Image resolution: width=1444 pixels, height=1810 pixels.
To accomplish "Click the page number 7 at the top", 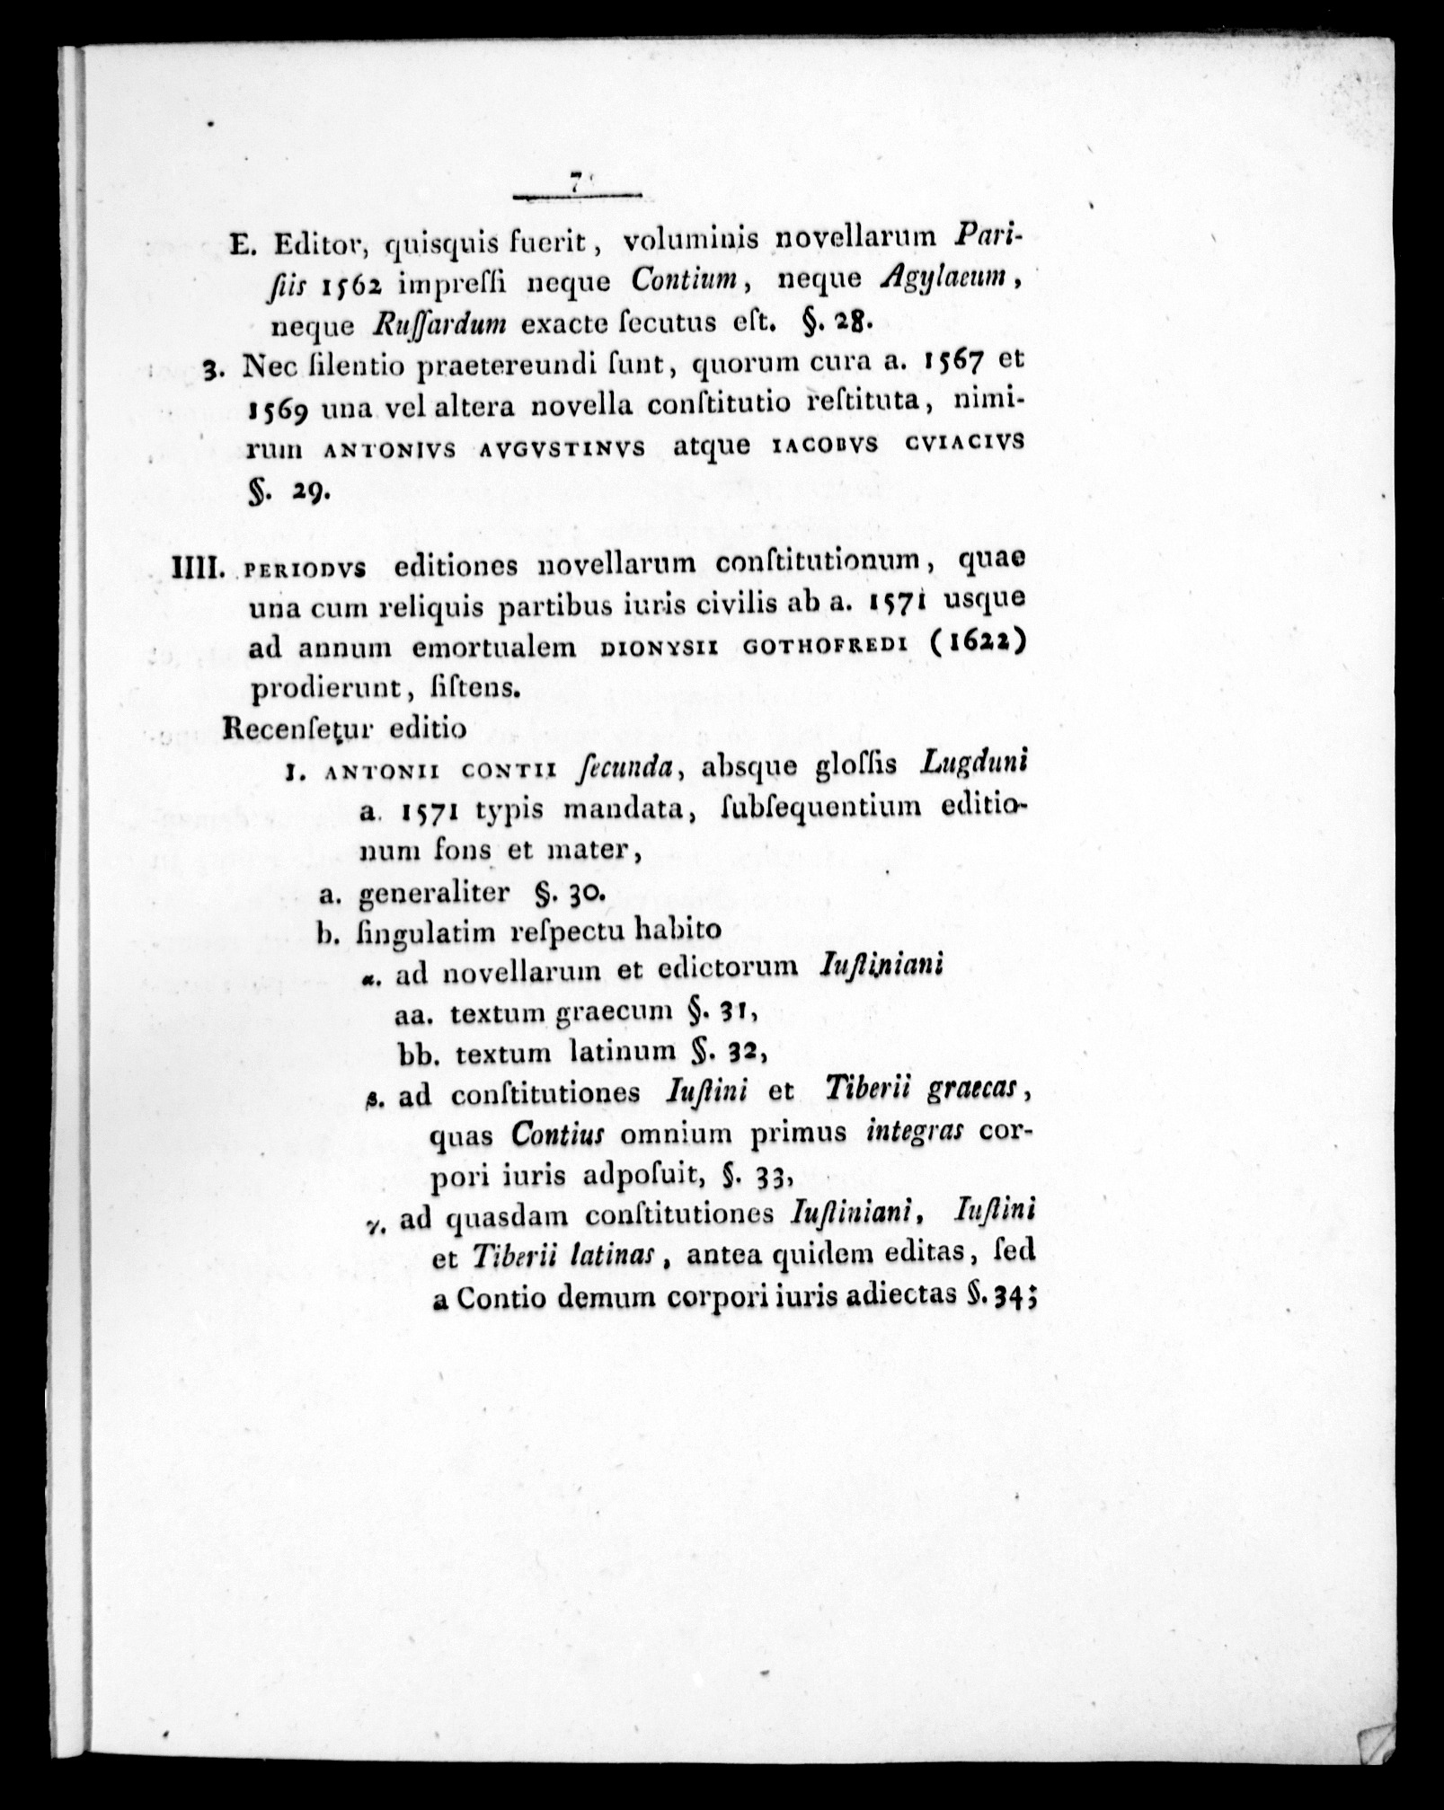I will pos(573,181).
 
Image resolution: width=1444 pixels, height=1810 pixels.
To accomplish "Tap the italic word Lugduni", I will pos(974,764).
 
